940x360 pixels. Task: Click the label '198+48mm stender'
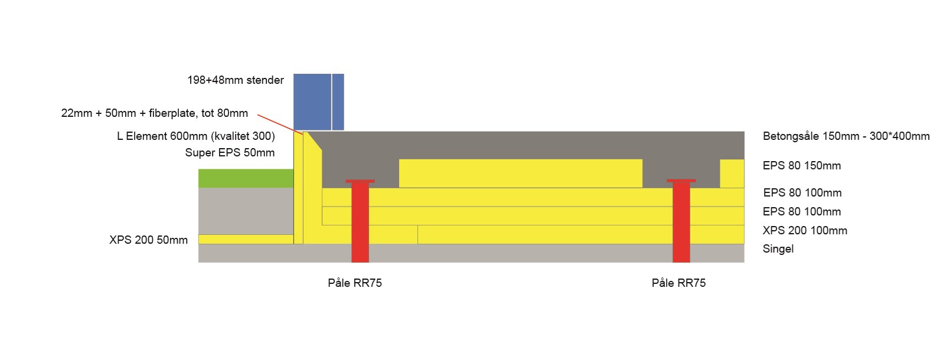236,80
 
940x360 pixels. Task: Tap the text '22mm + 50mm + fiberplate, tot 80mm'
155,113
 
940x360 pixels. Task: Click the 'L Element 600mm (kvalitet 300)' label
196,136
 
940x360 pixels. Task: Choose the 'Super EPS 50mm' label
230,153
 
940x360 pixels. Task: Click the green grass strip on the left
246,178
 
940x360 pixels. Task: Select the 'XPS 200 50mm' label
149,240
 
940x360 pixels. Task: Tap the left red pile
360,224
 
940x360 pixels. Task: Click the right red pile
681,224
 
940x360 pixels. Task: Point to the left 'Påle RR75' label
355,283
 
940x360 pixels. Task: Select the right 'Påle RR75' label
678,283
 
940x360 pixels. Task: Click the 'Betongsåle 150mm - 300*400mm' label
846,136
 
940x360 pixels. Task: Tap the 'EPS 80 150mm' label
802,166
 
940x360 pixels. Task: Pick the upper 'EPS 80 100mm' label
802,193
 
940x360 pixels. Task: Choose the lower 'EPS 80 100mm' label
802,212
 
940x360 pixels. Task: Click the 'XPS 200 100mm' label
805,231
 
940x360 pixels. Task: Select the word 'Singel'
778,249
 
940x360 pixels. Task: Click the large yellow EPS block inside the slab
520,174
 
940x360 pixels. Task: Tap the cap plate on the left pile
360,181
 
